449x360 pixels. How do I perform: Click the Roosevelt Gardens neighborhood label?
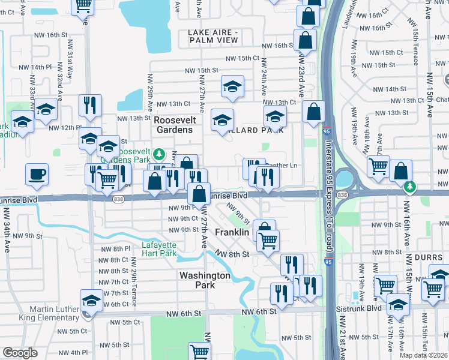pyautogui.click(x=173, y=125)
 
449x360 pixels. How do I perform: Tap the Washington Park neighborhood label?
pyautogui.click(x=205, y=280)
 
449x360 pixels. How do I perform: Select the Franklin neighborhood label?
pyautogui.click(x=232, y=232)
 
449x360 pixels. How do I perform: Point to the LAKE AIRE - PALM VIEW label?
pyautogui.click(x=213, y=36)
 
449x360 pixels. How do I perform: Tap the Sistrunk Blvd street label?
pyautogui.click(x=358, y=307)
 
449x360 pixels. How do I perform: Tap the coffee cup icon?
pyautogui.click(x=37, y=174)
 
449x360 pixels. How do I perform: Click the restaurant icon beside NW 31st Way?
pyautogui.click(x=90, y=106)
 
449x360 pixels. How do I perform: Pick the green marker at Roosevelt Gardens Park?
pyautogui.click(x=158, y=152)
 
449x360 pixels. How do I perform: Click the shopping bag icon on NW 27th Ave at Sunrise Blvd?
pyautogui.click(x=199, y=194)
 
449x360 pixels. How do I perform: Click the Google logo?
pyautogui.click(x=20, y=353)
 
